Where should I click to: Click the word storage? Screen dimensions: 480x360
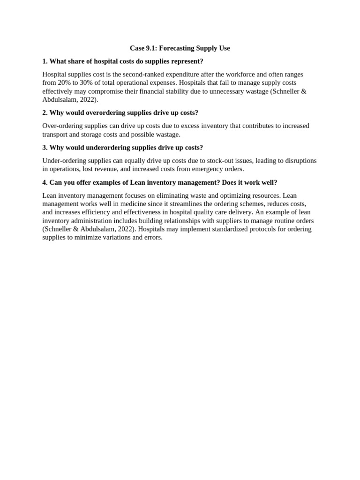point(95,134)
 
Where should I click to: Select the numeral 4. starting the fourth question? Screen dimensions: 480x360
point(45,182)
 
